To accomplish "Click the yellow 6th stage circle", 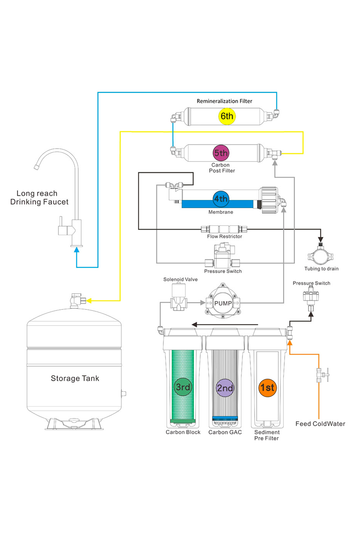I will [227, 116].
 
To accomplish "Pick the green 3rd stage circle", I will [183, 387].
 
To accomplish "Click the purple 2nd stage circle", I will [225, 388].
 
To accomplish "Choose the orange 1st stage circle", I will [267, 387].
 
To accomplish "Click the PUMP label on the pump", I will [223, 303].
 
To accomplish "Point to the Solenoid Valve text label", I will [180, 279].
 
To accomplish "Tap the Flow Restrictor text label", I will [224, 237].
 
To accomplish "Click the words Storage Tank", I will [75, 378].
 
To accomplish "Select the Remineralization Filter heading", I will [225, 101].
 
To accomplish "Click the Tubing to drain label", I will [321, 269].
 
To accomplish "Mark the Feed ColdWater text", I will [320, 424].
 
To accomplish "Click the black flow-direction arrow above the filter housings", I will [224, 324].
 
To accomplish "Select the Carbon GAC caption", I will [225, 432].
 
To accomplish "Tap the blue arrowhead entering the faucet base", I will [77, 250].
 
